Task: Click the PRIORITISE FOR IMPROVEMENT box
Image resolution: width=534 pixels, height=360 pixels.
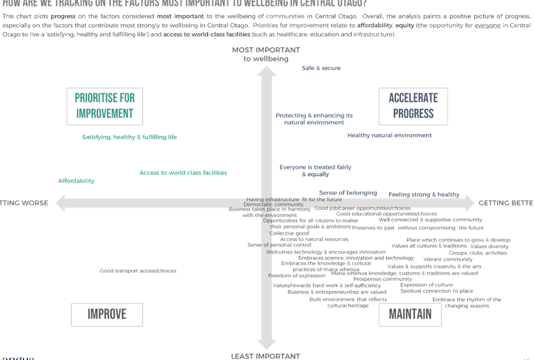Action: [x=105, y=106]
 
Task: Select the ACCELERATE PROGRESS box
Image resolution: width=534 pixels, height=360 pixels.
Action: [x=413, y=106]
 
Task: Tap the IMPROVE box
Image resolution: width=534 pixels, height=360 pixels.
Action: [x=107, y=314]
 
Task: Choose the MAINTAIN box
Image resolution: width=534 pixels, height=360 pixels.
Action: [x=410, y=314]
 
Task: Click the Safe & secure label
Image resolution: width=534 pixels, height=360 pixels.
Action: [x=321, y=68]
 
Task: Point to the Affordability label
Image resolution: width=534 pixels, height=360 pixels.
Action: [x=76, y=181]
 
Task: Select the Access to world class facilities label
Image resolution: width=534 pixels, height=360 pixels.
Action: [x=183, y=173]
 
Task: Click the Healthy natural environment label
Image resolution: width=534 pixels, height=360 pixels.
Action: [x=389, y=136]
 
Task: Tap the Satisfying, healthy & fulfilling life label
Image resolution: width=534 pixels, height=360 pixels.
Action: [x=129, y=137]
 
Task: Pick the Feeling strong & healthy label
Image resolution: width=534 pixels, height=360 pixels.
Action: [x=424, y=194]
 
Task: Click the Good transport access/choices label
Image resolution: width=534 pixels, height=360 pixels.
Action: [x=138, y=271]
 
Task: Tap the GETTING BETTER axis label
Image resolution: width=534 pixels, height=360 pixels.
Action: [x=506, y=203]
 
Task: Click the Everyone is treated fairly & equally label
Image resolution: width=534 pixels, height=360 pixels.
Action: [x=315, y=170]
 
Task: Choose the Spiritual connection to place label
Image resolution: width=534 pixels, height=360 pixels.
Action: [x=437, y=291]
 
